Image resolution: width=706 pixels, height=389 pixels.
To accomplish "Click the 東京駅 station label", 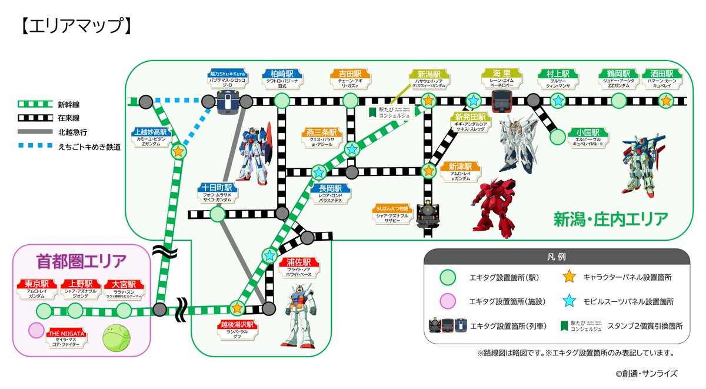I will tap(37, 284).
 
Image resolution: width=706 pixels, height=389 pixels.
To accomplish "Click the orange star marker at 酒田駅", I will tap(665, 101).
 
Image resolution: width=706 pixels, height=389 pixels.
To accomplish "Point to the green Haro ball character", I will tap(115, 338).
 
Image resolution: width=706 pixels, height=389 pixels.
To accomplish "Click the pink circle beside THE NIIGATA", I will tap(36, 330).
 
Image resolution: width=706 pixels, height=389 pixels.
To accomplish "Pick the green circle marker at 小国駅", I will tap(557, 137).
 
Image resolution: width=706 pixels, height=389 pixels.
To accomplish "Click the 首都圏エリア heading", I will tap(82, 260).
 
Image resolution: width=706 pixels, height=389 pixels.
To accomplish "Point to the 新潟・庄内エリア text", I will tap(610, 220).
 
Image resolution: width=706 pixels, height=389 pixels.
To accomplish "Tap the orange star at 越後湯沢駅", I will tap(237, 308).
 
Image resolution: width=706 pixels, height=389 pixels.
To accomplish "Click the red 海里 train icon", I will tap(501, 101).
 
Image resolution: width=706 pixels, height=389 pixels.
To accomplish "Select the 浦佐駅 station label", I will tap(300, 263).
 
